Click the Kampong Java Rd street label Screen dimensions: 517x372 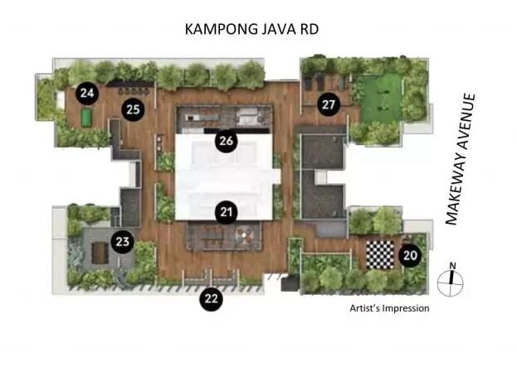pos(251,29)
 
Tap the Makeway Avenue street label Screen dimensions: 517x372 pos(461,159)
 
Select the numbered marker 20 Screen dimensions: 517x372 pos(410,255)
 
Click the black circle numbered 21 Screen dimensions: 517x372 pos(227,212)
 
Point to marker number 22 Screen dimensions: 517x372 pos(211,299)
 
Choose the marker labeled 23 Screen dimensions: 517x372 pos(122,242)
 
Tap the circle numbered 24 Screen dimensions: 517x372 pos(87,93)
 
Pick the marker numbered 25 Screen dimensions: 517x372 pos(133,109)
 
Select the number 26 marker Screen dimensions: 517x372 pos(227,141)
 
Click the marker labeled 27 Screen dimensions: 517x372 pos(329,104)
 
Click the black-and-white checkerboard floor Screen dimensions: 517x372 pos(380,255)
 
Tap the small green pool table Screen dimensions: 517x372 pos(86,118)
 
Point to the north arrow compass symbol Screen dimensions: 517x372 pos(451,283)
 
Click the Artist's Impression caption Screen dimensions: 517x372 pos(389,308)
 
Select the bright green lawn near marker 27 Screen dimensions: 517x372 pos(381,98)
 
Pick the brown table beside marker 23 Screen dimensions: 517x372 pos(100,253)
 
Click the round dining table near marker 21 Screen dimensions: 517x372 pos(244,234)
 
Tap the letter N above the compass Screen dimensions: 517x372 pos(453,266)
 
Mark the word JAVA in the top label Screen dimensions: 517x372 pos(275,29)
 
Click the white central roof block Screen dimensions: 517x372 pos(224,177)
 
